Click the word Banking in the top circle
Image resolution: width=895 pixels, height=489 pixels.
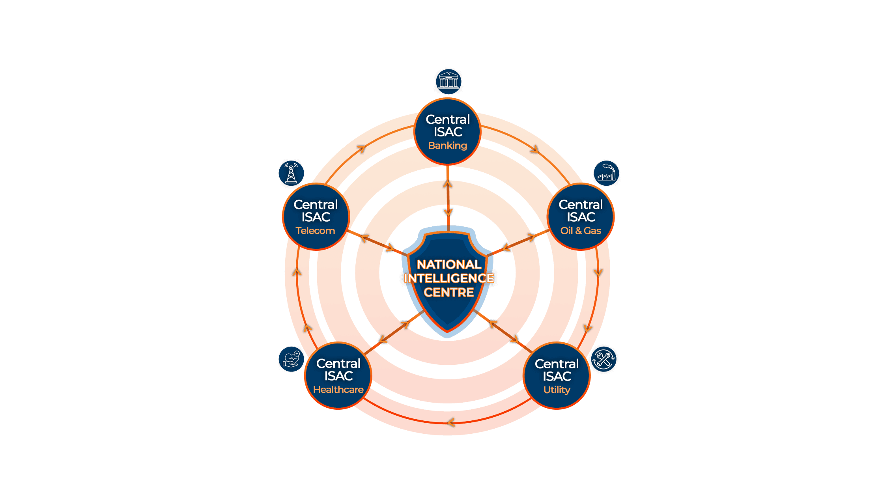[x=447, y=146]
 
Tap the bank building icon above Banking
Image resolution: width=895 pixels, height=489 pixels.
[x=448, y=82]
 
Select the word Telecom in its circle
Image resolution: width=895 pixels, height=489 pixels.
[x=315, y=231]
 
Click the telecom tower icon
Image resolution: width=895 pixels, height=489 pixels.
[x=291, y=174]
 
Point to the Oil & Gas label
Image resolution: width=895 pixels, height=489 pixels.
[x=581, y=231]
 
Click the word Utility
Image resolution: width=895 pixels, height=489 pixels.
[x=557, y=390]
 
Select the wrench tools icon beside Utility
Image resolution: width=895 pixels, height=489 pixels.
[x=604, y=359]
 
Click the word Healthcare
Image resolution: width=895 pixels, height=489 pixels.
[x=338, y=390]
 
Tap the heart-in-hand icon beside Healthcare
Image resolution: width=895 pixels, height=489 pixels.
[x=291, y=359]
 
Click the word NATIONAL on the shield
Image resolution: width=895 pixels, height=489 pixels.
[x=449, y=264]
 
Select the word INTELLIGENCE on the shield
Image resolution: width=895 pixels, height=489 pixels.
[x=449, y=278]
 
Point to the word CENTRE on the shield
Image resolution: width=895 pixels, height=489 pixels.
[x=449, y=293]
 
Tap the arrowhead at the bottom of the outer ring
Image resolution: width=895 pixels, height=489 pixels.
[x=451, y=422]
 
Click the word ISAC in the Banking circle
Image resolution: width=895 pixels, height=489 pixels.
[x=448, y=132]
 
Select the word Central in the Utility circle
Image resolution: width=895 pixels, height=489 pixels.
[x=557, y=364]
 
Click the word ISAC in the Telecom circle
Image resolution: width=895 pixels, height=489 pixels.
[x=316, y=217]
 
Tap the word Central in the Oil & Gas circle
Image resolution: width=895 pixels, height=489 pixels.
[x=581, y=205]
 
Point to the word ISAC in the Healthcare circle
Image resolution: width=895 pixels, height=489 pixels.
[x=338, y=376]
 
